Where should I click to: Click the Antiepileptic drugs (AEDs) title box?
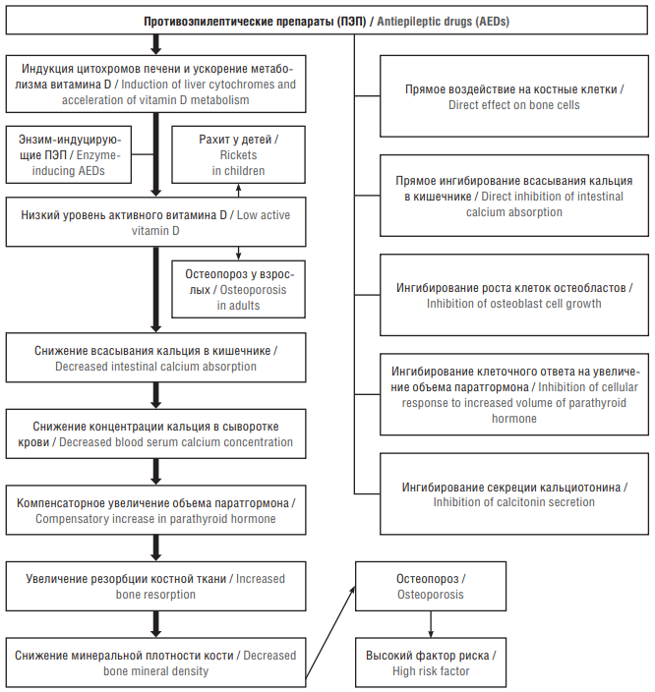[x=327, y=21]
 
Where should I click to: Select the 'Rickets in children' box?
[x=239, y=154]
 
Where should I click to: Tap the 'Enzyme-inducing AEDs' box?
[x=69, y=154]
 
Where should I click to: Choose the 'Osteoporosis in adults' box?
[x=239, y=289]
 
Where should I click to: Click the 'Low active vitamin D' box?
[x=155, y=221]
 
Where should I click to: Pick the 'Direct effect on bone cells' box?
[x=514, y=96]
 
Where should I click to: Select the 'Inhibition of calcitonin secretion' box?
[x=514, y=493]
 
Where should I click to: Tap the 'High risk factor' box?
[x=431, y=663]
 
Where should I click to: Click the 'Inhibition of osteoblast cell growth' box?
[x=514, y=295]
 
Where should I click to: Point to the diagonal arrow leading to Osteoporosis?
[x=329, y=632]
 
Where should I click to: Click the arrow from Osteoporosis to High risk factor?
[x=431, y=624]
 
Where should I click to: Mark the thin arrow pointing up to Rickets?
[x=239, y=191]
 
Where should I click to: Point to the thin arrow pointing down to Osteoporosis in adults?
[x=239, y=254]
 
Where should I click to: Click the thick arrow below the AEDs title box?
[x=155, y=44]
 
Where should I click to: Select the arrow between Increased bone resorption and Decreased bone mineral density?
[x=155, y=624]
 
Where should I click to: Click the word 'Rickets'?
[x=239, y=155]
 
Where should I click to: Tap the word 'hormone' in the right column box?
[x=514, y=419]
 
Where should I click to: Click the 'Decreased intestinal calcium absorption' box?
[x=155, y=358]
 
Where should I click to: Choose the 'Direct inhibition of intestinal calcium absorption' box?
[x=514, y=196]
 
